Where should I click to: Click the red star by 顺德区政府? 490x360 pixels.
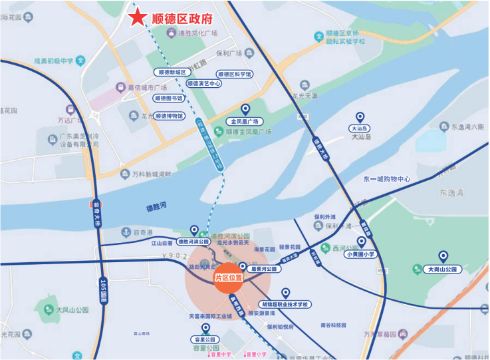click(138, 18)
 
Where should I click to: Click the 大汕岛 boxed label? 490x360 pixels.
click(359, 128)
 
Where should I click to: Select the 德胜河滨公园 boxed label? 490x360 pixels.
click(193, 242)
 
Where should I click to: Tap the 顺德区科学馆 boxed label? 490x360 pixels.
click(235, 75)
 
